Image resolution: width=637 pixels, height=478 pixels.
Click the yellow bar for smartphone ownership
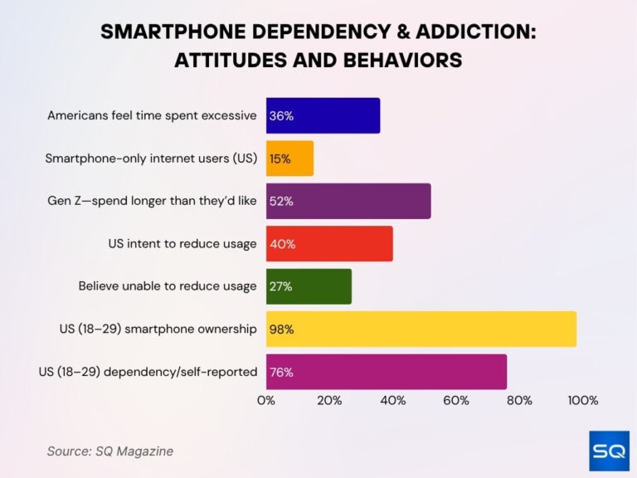tap(421, 329)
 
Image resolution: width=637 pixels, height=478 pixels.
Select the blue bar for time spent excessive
tap(323, 115)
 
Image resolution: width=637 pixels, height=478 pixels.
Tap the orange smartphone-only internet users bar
tap(289, 159)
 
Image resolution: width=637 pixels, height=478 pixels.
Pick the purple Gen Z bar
tap(348, 201)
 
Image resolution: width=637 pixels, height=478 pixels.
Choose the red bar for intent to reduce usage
tap(329, 244)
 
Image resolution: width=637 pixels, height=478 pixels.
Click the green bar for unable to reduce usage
tap(309, 286)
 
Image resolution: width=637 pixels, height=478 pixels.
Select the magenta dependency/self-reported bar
tap(387, 371)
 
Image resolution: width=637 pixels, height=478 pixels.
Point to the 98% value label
tap(282, 329)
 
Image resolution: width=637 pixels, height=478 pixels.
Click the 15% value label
tap(280, 159)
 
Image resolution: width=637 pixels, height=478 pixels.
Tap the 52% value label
tap(282, 201)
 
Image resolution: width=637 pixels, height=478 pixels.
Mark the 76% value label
tap(282, 372)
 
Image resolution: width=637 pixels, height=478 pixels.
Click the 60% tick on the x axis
tap(456, 401)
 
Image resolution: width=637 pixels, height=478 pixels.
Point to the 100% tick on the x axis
tap(582, 401)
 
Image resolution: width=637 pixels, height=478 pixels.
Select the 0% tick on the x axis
tap(266, 401)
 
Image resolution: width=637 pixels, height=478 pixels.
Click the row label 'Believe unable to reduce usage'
tap(168, 286)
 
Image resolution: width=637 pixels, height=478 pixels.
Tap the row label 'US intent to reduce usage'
tap(182, 244)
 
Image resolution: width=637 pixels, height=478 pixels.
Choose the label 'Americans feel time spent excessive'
tap(152, 115)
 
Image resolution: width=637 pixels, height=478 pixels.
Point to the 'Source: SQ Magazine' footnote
tap(110, 451)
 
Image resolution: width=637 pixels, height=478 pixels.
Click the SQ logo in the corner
tap(609, 451)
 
